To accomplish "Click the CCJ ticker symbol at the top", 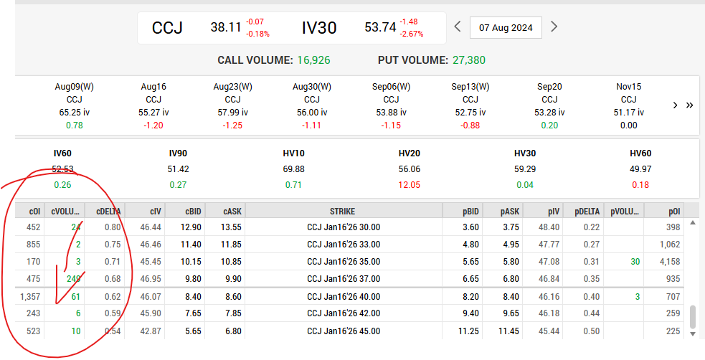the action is pyautogui.click(x=167, y=28).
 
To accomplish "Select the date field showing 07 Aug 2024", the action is pyautogui.click(x=506, y=27).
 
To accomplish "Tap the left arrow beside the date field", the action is pyautogui.click(x=458, y=27).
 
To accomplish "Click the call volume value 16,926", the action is pyautogui.click(x=314, y=60).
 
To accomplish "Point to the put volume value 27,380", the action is pyautogui.click(x=469, y=60).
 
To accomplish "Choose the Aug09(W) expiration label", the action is pyautogui.click(x=74, y=87).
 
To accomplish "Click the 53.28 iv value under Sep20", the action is pyautogui.click(x=549, y=113).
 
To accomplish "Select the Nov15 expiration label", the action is pyautogui.click(x=628, y=87).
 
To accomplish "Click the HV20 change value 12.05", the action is pyautogui.click(x=409, y=185).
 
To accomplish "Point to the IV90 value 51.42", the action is pyautogui.click(x=178, y=169).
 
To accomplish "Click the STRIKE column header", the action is pyautogui.click(x=343, y=212).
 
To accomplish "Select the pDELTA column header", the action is pyautogui.click(x=587, y=212).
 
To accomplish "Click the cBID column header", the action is pyautogui.click(x=194, y=212).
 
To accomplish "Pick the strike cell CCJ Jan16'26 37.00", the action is pyautogui.click(x=344, y=279).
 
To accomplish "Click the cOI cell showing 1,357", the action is pyautogui.click(x=30, y=297).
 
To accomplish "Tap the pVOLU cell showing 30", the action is pyautogui.click(x=635, y=262).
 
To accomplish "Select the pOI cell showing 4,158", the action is pyautogui.click(x=670, y=262).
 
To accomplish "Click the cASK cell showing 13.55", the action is pyautogui.click(x=231, y=227).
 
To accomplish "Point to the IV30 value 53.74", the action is pyautogui.click(x=380, y=27).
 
